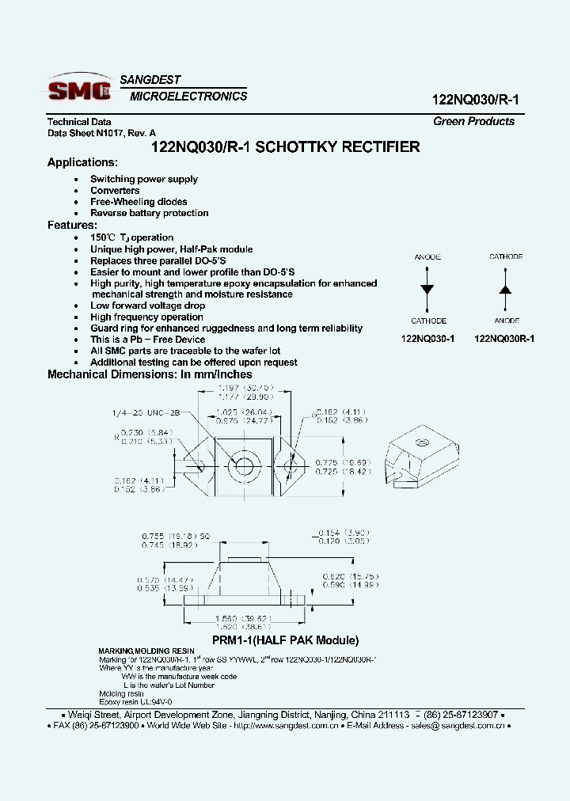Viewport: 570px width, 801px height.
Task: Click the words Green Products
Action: click(473, 121)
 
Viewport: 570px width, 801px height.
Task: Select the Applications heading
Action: click(82, 162)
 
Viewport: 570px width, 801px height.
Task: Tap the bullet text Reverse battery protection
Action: click(149, 213)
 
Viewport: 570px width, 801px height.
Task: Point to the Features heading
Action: click(72, 225)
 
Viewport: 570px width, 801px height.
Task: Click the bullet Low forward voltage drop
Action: click(147, 306)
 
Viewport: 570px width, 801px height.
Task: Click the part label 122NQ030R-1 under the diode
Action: click(504, 338)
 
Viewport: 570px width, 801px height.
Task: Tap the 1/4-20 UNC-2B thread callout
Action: click(146, 413)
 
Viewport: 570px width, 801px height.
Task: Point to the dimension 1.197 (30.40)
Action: click(245, 388)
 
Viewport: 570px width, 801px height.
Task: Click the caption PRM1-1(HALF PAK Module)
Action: click(285, 640)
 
